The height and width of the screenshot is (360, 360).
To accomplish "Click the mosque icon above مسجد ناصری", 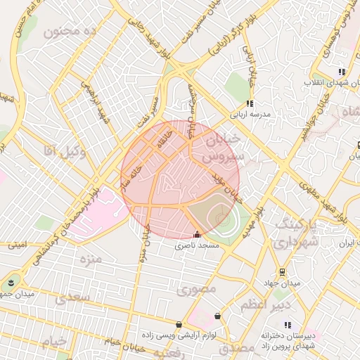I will [x=197, y=235].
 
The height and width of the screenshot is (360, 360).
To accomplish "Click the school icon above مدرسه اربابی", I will [x=250, y=103].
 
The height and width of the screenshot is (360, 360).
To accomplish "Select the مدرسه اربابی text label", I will [x=247, y=113].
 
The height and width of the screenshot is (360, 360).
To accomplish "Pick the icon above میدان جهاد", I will [x=283, y=272].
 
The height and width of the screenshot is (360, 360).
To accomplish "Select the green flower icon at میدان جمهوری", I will [x=11, y=282].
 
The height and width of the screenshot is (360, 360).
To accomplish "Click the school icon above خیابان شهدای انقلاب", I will [x=342, y=71].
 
